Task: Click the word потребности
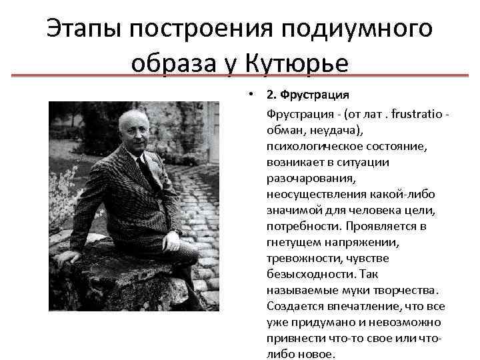coord(297,226)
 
